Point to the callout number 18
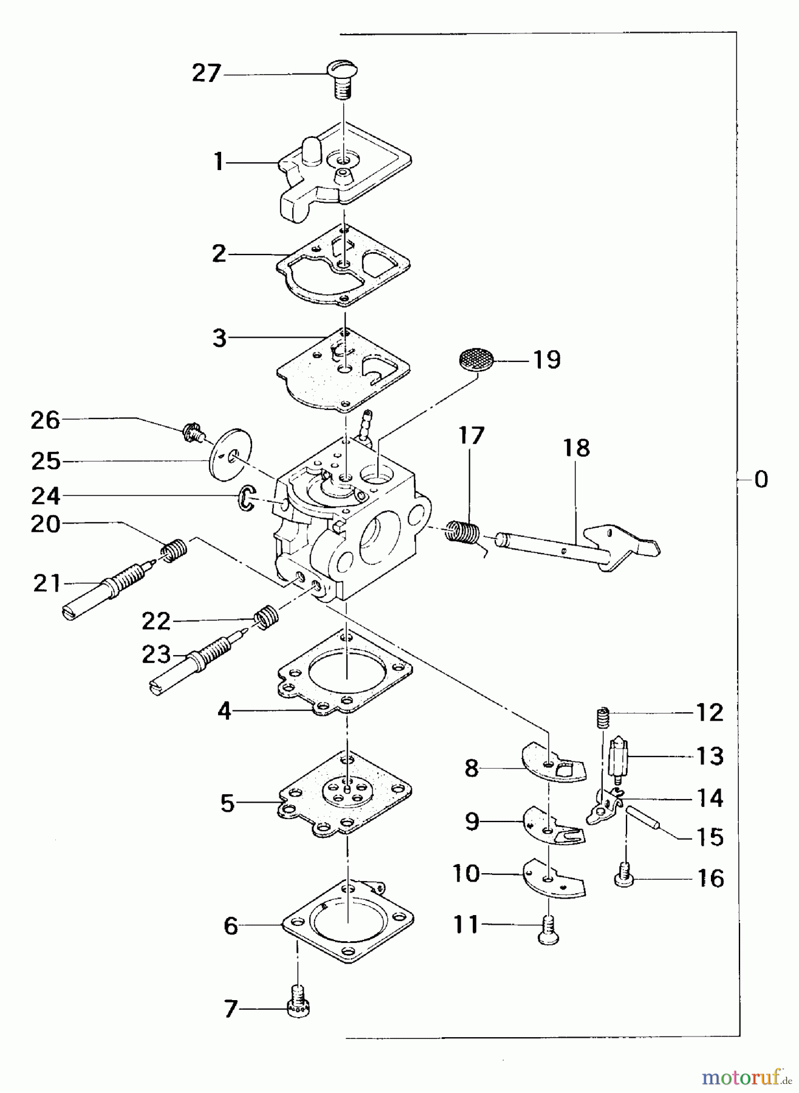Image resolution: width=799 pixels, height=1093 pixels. click(576, 448)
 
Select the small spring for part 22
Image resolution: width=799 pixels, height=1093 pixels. click(266, 618)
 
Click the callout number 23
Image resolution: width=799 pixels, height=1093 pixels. click(156, 655)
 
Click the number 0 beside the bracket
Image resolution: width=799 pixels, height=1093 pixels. click(760, 480)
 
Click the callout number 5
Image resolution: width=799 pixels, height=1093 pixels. click(227, 804)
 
